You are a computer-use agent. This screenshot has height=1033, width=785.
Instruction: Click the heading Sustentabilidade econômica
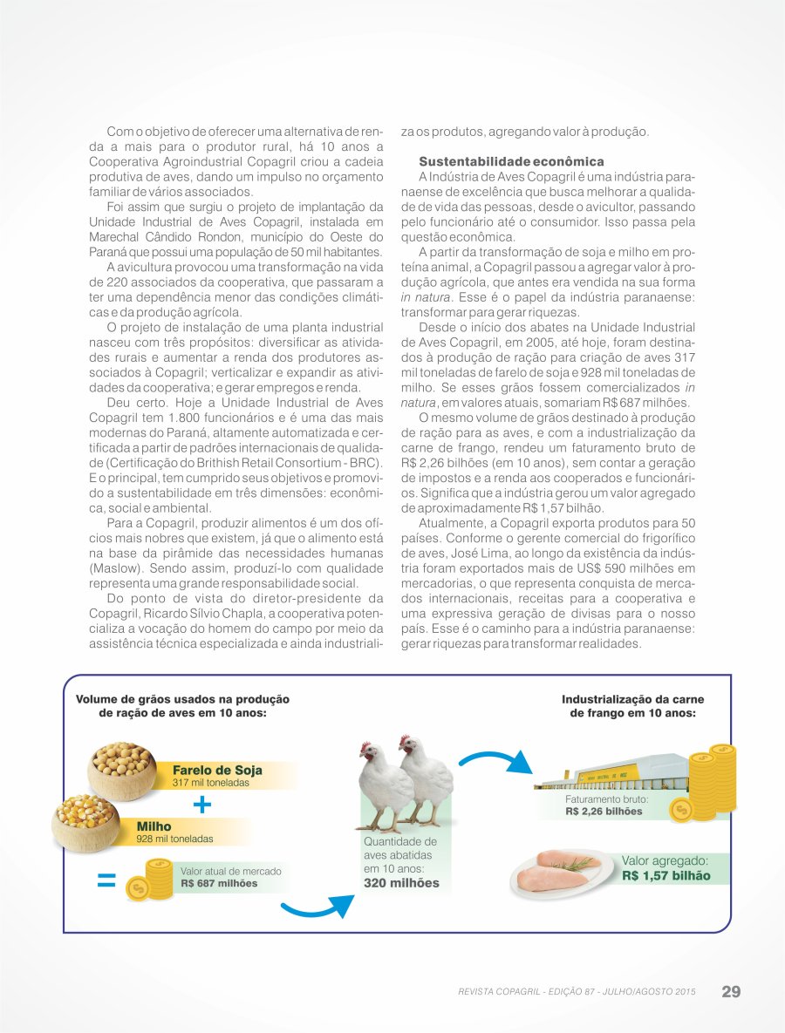click(x=511, y=162)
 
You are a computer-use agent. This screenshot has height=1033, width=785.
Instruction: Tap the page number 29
click(x=731, y=991)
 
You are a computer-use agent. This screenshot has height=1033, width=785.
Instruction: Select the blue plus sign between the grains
click(x=202, y=804)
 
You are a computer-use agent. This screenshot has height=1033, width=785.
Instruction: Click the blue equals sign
click(x=106, y=880)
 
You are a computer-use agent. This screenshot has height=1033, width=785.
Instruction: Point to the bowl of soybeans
click(x=121, y=768)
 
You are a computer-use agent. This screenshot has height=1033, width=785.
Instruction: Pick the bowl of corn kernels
click(x=85, y=820)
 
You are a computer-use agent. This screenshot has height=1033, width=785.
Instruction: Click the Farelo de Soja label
click(x=217, y=771)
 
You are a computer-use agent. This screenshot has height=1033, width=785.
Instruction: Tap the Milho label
click(x=154, y=826)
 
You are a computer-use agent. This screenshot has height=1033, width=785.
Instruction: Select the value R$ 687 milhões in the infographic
click(x=219, y=883)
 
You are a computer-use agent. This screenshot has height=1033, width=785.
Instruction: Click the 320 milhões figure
click(x=401, y=883)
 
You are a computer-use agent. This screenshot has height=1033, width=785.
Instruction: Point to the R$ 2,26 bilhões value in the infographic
click(x=604, y=811)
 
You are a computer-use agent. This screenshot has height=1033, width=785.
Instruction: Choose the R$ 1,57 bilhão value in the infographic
click(x=666, y=875)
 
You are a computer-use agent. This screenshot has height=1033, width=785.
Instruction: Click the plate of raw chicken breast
click(x=559, y=874)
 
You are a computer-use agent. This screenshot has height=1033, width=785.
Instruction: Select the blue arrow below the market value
click(x=318, y=907)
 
